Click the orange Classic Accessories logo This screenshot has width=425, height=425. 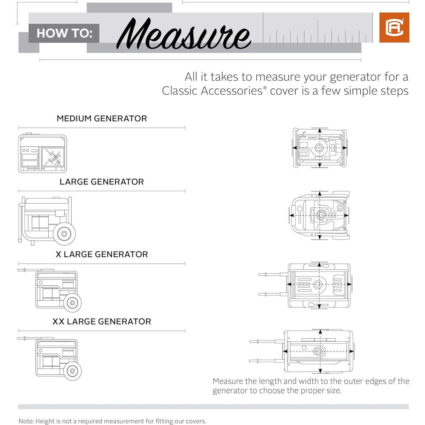[x=394, y=27]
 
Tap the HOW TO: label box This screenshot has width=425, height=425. [x=64, y=33]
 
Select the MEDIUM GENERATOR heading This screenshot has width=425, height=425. [x=102, y=118]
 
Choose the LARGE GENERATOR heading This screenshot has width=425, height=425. [x=102, y=182]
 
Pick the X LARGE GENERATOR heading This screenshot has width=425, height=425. [x=102, y=254]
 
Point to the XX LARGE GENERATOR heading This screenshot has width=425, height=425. [x=102, y=321]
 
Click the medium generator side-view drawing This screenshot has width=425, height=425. [x=42, y=154]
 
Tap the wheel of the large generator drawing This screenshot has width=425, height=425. [x=64, y=234]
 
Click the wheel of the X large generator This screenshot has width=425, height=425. [x=72, y=303]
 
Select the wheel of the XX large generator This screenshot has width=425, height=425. [x=72, y=371]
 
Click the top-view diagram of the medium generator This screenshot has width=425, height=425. [x=320, y=148]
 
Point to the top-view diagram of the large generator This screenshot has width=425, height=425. [x=320, y=215]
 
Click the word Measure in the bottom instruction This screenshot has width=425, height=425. [x=228, y=381]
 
